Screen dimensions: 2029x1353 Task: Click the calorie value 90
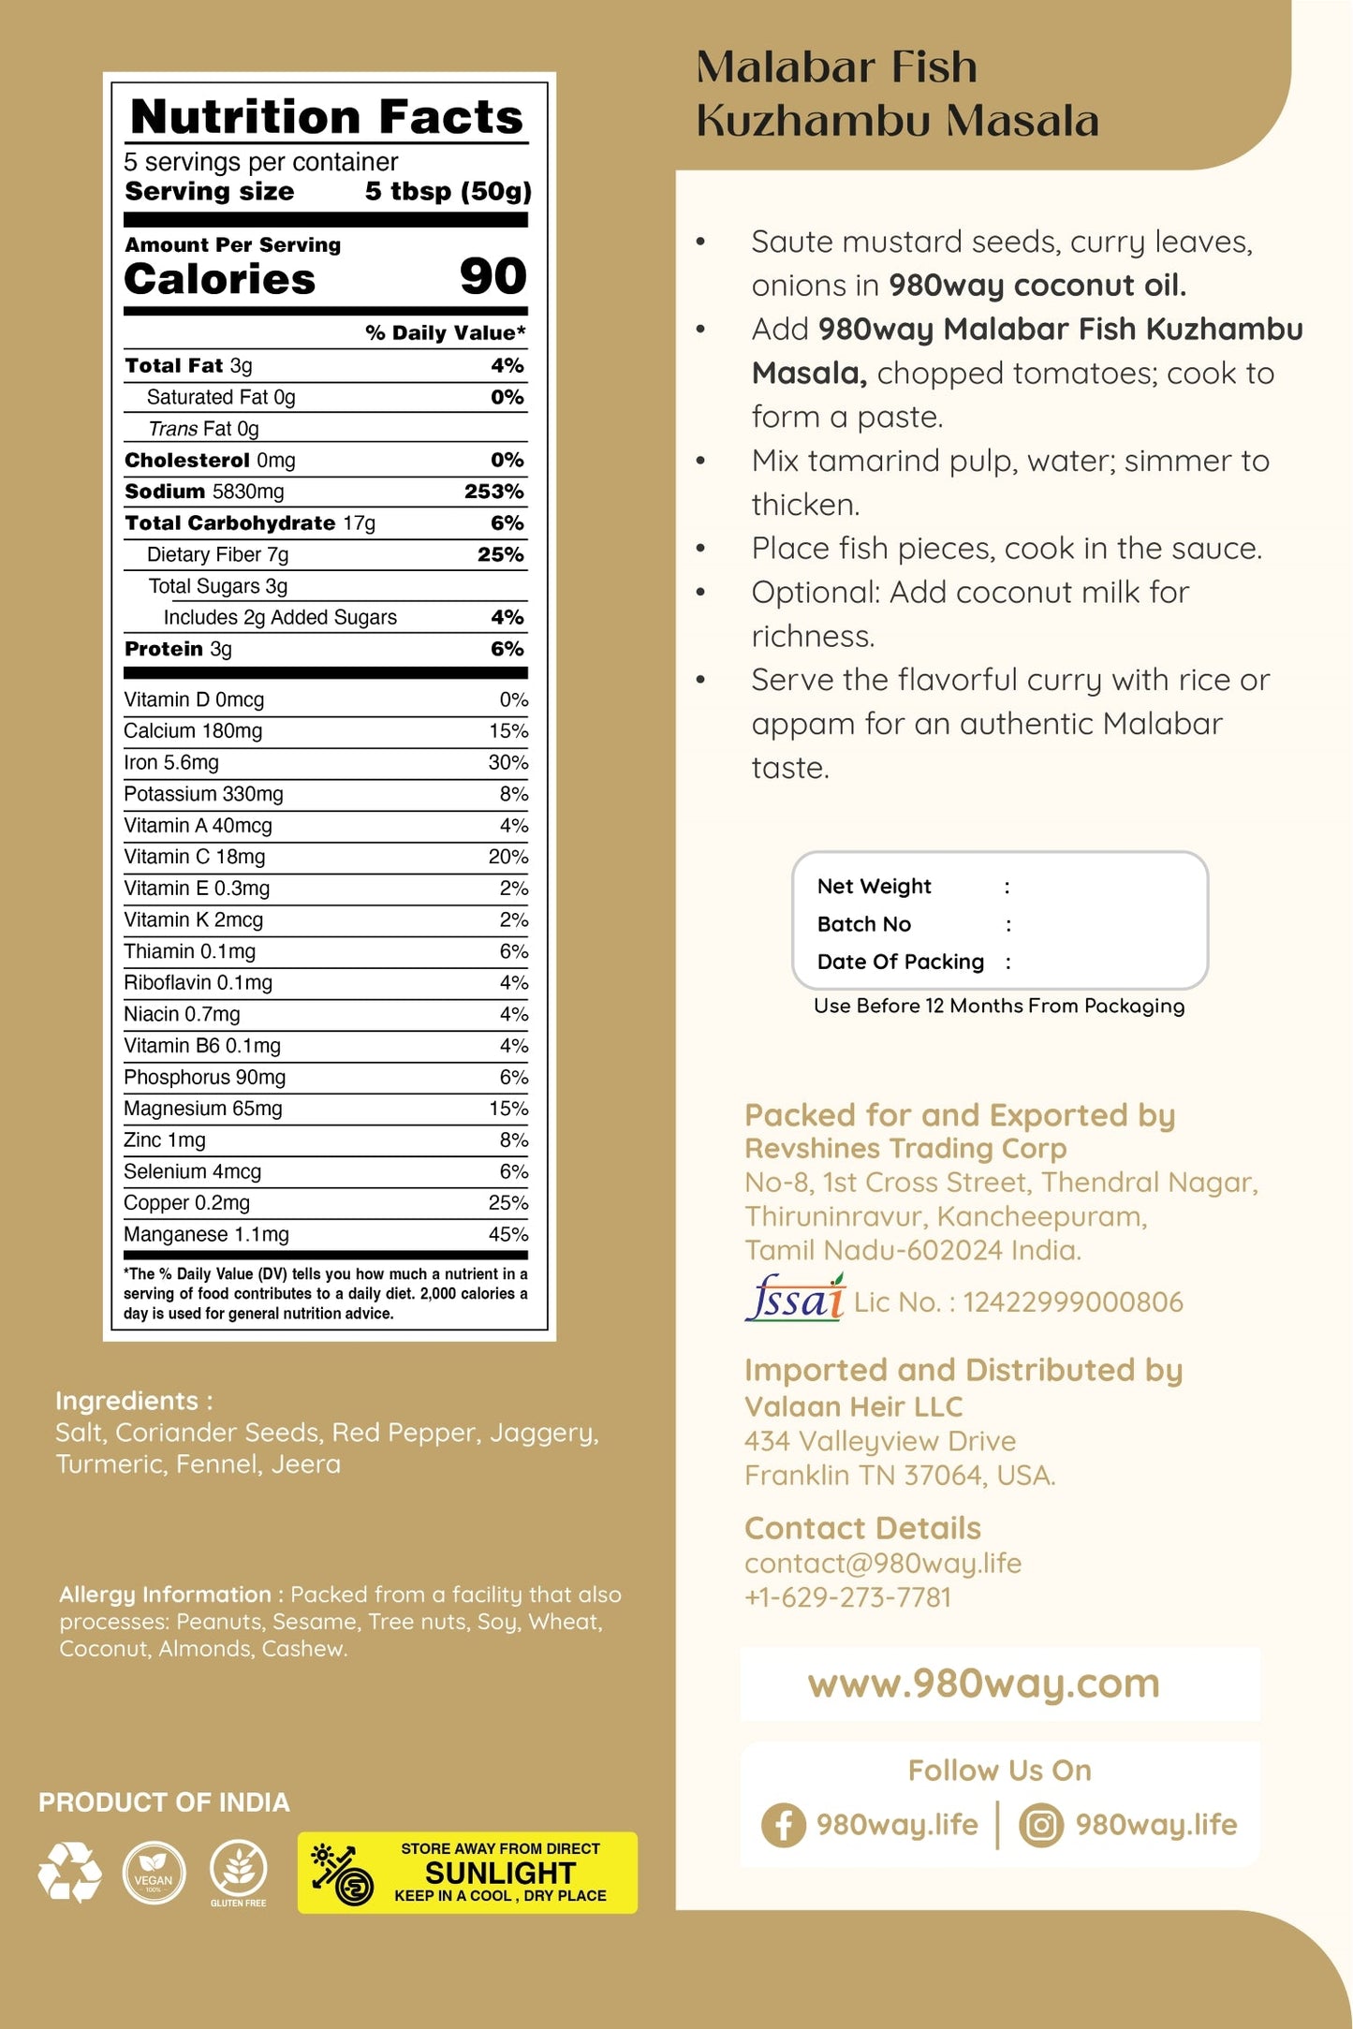coord(493,276)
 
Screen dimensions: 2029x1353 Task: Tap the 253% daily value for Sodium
coord(494,492)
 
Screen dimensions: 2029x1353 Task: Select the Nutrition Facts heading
coord(327,117)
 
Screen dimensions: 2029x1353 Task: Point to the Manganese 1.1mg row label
coord(206,1234)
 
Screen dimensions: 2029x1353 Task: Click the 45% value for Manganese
coord(507,1234)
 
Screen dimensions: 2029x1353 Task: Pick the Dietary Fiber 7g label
coord(217,554)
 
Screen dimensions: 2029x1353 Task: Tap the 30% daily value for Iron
coord(507,762)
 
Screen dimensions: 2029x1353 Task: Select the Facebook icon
coord(783,1825)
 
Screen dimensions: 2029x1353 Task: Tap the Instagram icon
coord(1041,1825)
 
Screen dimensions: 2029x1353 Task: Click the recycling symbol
coord(70,1872)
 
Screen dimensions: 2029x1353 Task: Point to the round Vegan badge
coord(154,1872)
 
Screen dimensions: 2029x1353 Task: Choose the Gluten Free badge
coord(239,1870)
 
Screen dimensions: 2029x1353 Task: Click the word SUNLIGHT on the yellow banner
coord(500,1873)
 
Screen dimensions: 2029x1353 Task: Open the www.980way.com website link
coord(983,1683)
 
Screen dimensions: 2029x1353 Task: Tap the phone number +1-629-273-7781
coord(847,1597)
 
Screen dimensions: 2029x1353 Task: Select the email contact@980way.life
coord(882,1563)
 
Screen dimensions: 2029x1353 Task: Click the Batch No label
coord(863,924)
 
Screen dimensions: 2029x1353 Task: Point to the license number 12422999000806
coord(1073,1301)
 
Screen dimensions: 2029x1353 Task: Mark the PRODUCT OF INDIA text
coord(164,1802)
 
